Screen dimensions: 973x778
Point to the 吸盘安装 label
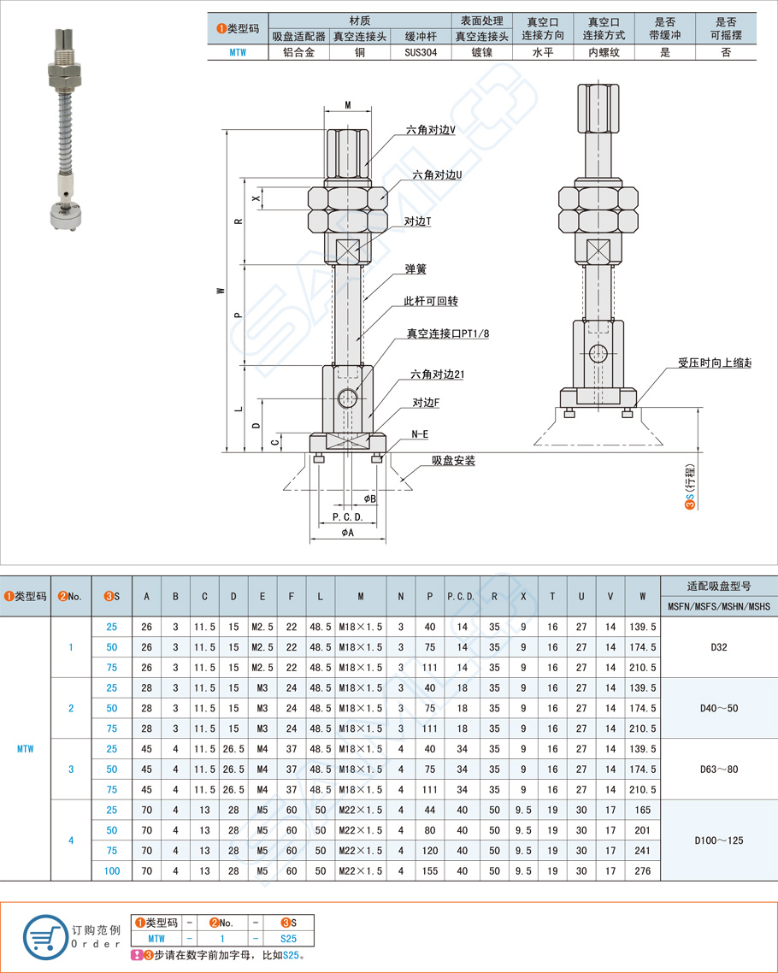(453, 461)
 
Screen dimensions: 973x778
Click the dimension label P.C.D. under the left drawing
(348, 517)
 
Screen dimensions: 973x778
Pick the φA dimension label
(347, 532)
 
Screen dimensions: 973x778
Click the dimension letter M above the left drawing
(348, 104)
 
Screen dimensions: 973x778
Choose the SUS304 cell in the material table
(421, 52)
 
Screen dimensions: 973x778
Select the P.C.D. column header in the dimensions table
(461, 596)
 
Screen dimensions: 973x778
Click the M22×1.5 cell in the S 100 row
(360, 870)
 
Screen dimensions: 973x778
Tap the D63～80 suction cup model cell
(718, 769)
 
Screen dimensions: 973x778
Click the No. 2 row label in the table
(71, 708)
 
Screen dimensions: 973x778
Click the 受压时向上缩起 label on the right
(714, 363)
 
